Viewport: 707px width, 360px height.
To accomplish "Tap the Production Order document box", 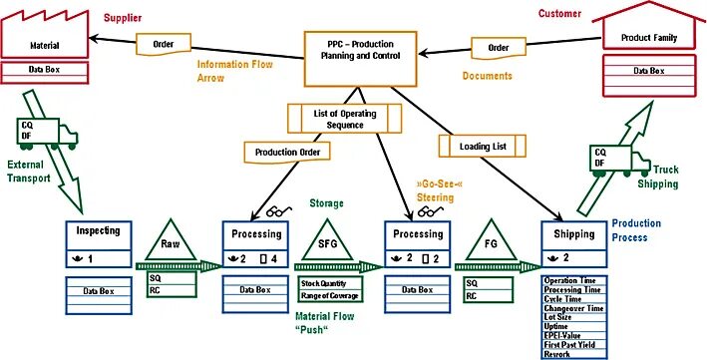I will pos(285,152).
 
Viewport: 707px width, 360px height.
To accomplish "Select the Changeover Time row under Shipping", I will pos(572,309).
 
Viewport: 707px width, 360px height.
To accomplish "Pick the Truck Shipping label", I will pos(659,176).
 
